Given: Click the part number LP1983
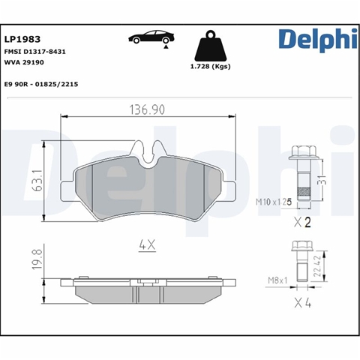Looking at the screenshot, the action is point(22,39).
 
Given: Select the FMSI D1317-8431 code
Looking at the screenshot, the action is point(35,52).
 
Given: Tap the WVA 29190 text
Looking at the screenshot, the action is point(24,62).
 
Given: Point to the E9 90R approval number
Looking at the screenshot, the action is point(41,84).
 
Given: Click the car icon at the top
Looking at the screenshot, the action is point(151,38).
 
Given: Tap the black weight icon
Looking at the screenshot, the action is point(211,46).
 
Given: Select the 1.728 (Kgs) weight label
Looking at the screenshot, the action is point(211,67).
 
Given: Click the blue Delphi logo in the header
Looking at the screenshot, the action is point(318,40).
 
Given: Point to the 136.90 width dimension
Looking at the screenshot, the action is point(147,110).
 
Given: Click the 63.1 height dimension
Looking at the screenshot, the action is point(37,181).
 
